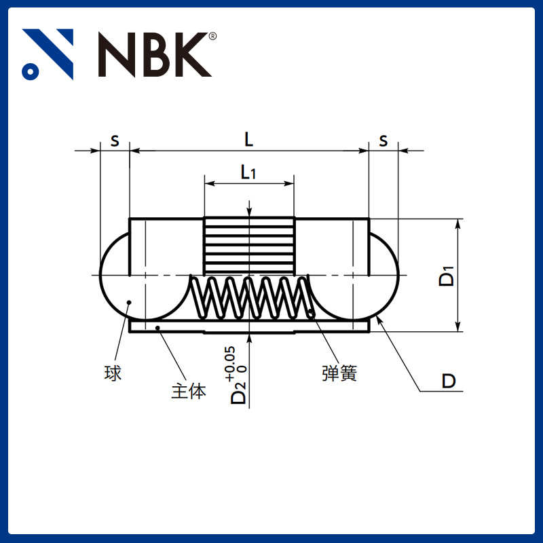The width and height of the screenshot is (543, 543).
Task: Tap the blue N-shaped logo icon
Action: (x=48, y=54)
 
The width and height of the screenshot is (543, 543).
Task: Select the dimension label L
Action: (x=249, y=140)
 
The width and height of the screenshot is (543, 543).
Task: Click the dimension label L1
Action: (x=248, y=172)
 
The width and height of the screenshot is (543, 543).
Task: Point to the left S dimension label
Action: (x=115, y=141)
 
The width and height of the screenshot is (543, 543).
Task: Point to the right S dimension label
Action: (x=383, y=141)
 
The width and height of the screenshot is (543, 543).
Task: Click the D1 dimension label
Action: (x=446, y=276)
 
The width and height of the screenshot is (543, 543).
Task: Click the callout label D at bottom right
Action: (x=449, y=381)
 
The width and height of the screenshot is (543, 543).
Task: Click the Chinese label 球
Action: (x=113, y=373)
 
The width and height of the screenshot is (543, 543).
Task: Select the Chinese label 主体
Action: (x=188, y=392)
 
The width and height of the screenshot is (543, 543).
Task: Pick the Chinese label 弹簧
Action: (x=339, y=373)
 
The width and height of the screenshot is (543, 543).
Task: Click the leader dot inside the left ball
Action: (x=129, y=303)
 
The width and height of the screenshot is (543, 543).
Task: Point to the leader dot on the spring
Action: (x=311, y=313)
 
